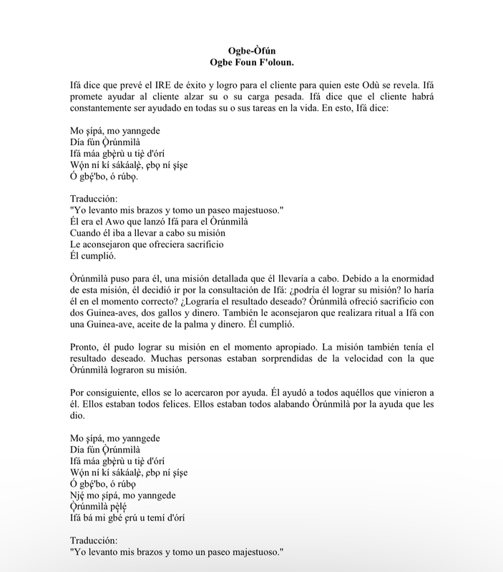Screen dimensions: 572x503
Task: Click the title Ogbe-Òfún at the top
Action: coord(251,51)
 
